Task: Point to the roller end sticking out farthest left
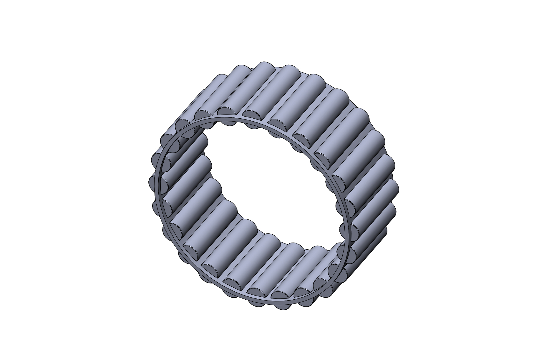[x=153, y=180]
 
